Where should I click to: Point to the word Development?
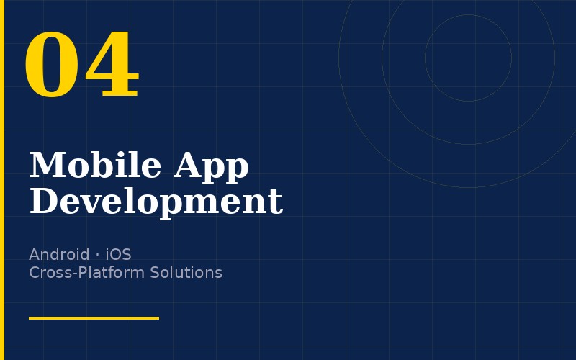tap(156, 202)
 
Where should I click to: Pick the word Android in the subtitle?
tap(58, 254)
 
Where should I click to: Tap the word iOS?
tap(118, 254)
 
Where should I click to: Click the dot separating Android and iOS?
tap(97, 255)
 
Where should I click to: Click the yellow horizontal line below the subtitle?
tap(94, 318)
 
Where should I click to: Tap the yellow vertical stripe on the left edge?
tap(2, 180)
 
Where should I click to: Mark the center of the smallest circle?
tap(468, 58)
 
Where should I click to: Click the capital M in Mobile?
tap(44, 166)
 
